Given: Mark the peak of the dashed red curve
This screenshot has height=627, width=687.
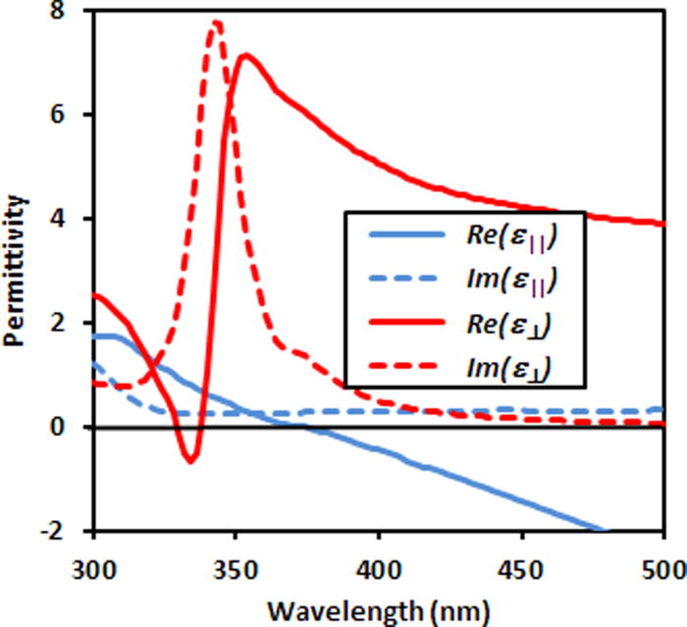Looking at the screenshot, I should point(216,23).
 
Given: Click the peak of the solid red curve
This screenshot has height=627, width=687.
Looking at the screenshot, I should point(246,55).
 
